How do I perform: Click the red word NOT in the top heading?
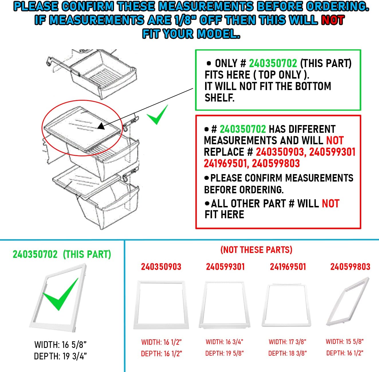[333, 20]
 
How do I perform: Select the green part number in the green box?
[273, 63]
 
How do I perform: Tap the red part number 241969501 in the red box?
[225, 163]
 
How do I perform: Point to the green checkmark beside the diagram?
[157, 115]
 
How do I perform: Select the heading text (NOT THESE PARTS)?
[256, 250]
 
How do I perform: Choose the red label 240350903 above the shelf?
[161, 267]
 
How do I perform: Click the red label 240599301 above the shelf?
[225, 267]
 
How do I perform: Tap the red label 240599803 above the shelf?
[350, 267]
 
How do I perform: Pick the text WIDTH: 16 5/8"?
[60, 344]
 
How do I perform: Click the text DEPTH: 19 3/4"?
[60, 356]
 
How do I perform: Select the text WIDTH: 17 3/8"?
[287, 342]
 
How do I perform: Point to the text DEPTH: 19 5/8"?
[224, 353]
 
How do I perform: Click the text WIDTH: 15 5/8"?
[345, 342]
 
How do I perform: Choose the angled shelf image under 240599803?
[348, 303]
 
